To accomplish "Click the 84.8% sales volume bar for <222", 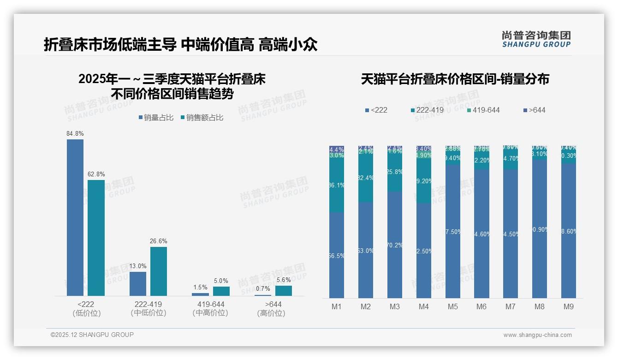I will tap(75, 217).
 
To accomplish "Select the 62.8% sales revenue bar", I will tap(96, 238).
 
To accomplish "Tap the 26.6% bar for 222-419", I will tap(159, 271).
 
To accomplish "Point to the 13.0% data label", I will tap(138, 266).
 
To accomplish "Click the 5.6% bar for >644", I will tap(284, 291).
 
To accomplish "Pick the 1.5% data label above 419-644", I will tap(200, 288).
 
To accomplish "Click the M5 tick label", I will tap(452, 306).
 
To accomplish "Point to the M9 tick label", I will tap(569, 306).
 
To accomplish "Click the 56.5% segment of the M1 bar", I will tap(337, 255).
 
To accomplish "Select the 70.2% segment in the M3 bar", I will tap(395, 245).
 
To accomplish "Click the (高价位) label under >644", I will tap(271, 313).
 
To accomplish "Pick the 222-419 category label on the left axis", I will tap(148, 305).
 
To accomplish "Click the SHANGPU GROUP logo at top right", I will tap(536, 39).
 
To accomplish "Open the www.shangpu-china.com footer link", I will tap(537, 335).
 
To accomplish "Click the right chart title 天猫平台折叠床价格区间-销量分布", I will tap(455, 79).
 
